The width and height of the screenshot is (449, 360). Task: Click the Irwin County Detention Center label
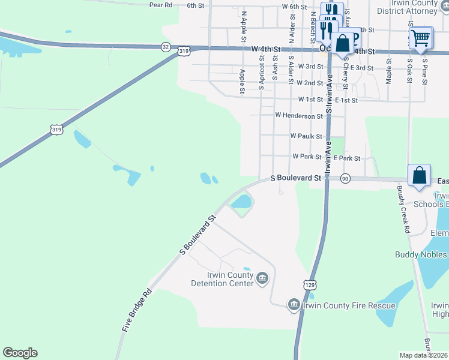(221, 279)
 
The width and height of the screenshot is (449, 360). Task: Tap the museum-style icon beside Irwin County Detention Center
(262, 278)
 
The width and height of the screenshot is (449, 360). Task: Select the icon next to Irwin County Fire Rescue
(294, 305)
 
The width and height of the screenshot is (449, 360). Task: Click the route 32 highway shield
(166, 46)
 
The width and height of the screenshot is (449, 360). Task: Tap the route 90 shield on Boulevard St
(345, 179)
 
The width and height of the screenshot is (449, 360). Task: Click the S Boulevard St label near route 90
(297, 178)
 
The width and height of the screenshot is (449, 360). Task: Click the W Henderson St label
(298, 115)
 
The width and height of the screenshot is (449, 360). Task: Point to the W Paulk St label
(306, 136)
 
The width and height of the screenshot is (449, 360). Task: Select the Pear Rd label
(160, 5)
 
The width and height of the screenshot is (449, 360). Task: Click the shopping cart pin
(420, 38)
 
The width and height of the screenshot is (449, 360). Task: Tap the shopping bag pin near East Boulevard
(420, 175)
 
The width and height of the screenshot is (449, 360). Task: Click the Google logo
(20, 353)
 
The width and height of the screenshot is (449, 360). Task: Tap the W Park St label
(307, 157)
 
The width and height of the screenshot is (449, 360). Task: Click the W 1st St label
(310, 99)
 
